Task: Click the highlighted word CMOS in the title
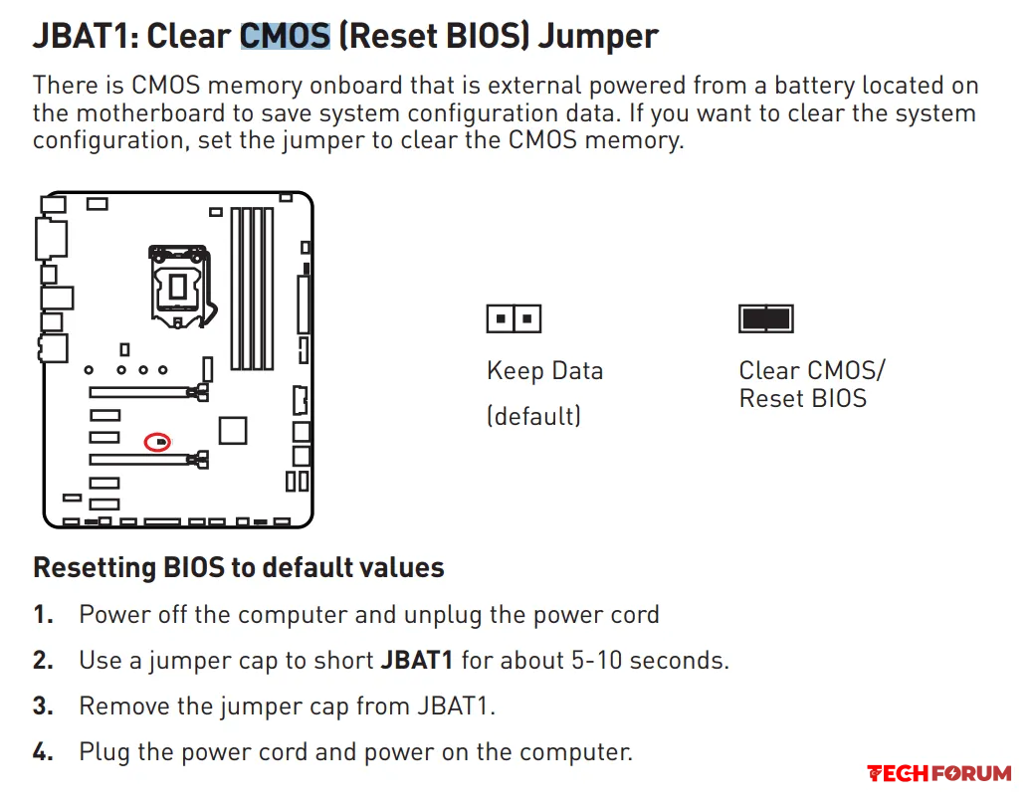[285, 36]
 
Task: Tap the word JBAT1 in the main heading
[82, 36]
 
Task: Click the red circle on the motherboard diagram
[157, 441]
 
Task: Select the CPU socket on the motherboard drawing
[179, 287]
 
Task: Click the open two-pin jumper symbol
[514, 318]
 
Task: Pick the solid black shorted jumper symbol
[765, 318]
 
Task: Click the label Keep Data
[544, 371]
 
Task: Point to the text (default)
[534, 416]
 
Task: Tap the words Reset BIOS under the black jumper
[802, 398]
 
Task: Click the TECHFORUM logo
[939, 773]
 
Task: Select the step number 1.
[43, 615]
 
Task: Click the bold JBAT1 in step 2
[417, 661]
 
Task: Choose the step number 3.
[43, 706]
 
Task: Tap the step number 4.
[43, 752]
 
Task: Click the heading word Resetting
[94, 568]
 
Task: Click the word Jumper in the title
[598, 37]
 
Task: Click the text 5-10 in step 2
[596, 661]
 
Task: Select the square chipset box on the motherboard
[233, 431]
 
